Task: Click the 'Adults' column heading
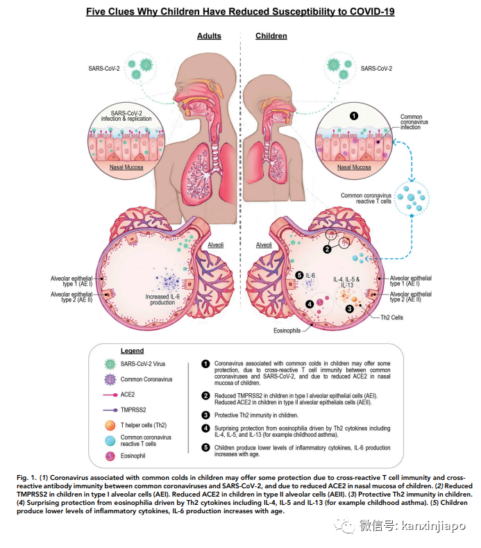(209, 36)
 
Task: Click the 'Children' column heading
(271, 36)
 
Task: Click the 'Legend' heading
(132, 351)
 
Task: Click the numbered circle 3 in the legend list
(205, 415)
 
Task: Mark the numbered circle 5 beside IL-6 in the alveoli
(299, 276)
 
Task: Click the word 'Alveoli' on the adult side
(215, 245)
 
